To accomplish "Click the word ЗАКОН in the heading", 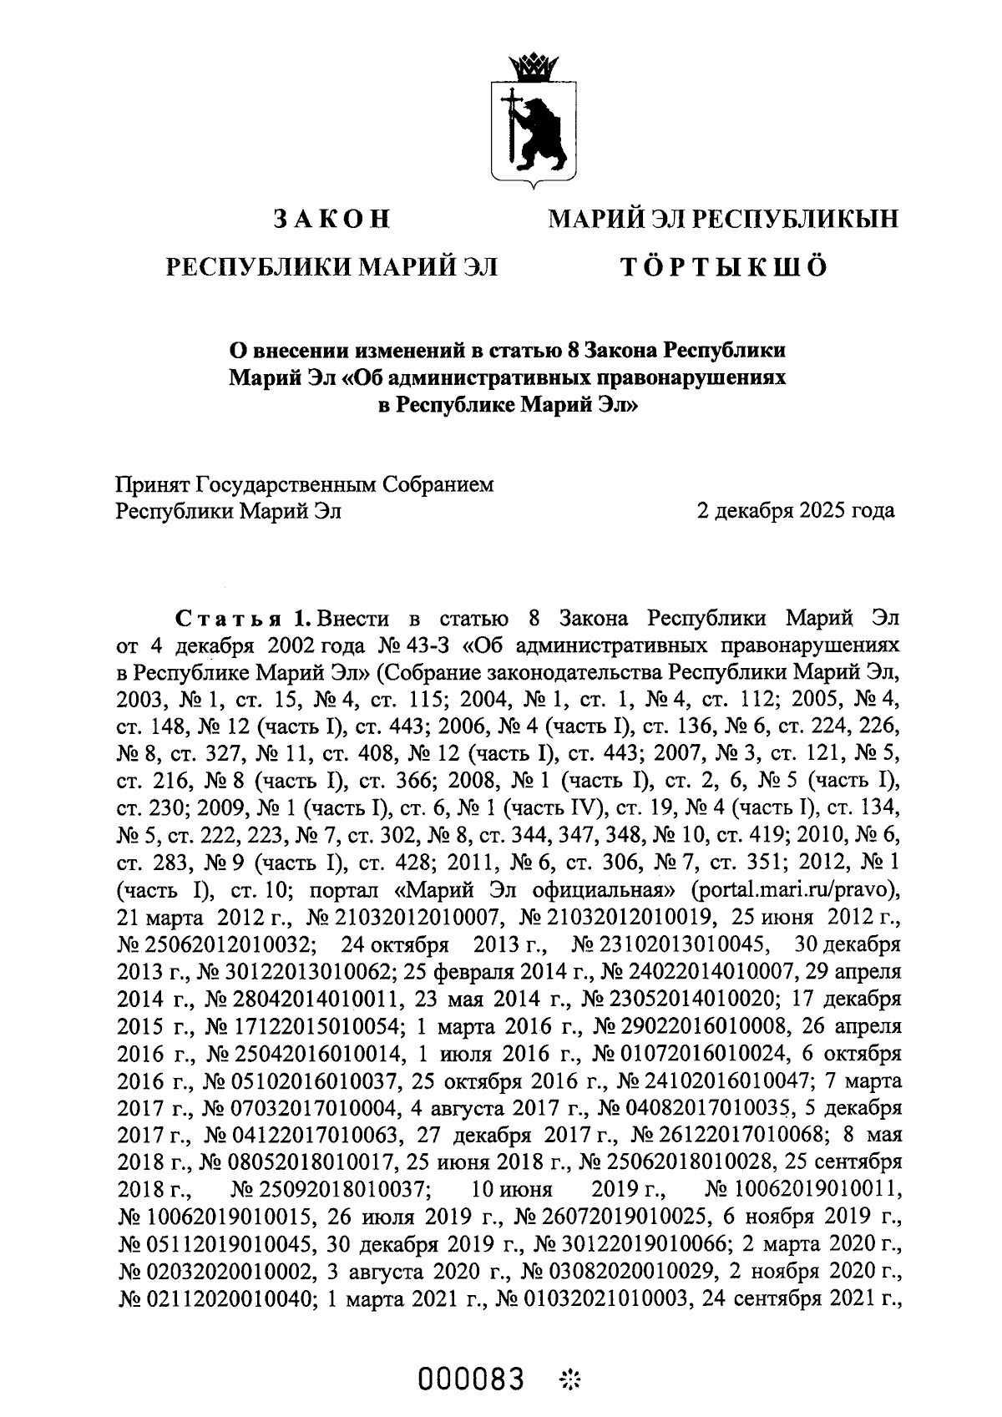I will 332,220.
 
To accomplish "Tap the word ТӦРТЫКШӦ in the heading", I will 722,267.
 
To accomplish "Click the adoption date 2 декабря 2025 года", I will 796,510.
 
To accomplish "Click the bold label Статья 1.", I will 243,620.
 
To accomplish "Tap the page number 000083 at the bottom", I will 472,1379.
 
